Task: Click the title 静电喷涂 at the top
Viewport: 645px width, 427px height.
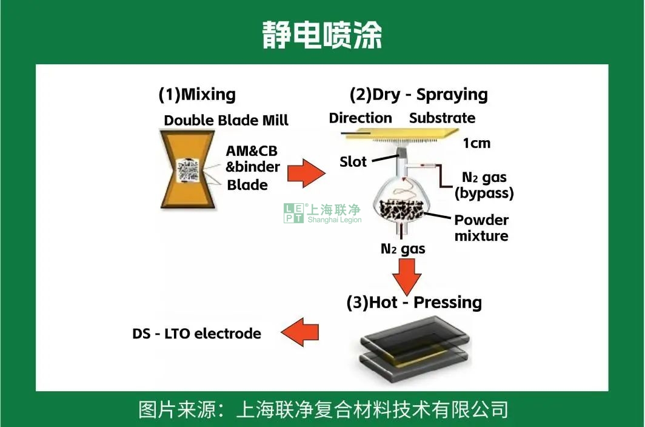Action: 322,35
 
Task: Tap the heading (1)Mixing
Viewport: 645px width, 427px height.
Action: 197,95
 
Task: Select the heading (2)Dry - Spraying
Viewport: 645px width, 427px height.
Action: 418,95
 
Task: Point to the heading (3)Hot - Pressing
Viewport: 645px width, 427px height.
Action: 414,302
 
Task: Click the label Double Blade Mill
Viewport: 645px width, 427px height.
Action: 226,120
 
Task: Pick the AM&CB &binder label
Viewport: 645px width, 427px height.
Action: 252,159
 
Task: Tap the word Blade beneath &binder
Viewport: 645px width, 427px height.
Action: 247,185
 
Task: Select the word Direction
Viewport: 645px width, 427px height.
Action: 360,118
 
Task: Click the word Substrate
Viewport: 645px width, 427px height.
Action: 442,118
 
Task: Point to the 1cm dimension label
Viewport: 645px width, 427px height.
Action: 476,144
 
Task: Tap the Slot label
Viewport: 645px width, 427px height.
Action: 353,162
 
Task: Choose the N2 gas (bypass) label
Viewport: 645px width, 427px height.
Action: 484,186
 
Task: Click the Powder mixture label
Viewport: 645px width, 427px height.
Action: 481,227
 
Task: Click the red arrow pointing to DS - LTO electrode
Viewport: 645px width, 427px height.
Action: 300,333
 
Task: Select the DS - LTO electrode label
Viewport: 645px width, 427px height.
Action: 196,334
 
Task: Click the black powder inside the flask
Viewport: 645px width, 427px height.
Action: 401,211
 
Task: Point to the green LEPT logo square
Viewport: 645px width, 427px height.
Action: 293,213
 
